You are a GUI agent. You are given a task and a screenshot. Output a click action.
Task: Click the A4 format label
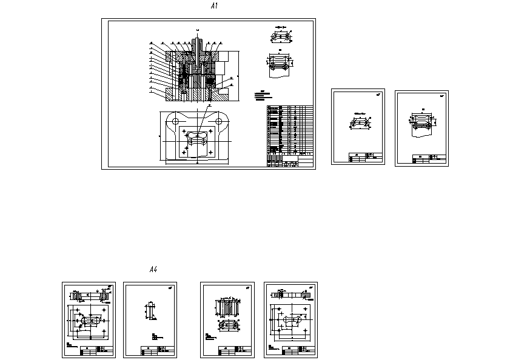pos(153,269)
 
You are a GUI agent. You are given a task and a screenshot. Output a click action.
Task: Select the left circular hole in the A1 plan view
pos(176,121)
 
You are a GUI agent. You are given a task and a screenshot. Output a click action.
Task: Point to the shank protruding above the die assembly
pos(198,44)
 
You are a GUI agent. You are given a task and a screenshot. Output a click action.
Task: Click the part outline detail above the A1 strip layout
pos(280,36)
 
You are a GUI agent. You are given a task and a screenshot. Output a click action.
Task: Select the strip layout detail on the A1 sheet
pos(280,63)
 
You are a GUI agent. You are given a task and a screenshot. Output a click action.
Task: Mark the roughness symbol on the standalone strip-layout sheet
pos(441,96)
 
